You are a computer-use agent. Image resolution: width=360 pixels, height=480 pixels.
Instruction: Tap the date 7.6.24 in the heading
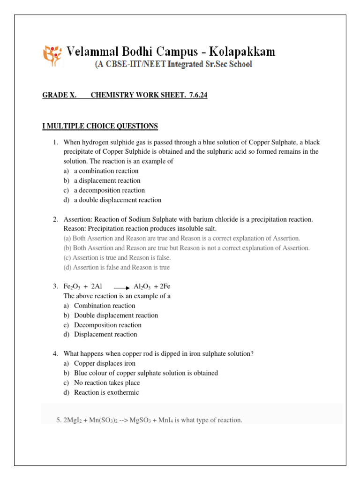point(199,95)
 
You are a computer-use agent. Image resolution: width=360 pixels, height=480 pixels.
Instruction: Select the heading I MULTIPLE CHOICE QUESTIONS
point(100,126)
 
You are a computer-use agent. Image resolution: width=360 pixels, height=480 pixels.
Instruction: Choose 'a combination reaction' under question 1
point(106,171)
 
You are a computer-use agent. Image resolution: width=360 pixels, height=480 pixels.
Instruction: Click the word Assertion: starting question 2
point(77,219)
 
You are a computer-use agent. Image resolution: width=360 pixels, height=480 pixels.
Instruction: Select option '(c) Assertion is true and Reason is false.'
point(117,258)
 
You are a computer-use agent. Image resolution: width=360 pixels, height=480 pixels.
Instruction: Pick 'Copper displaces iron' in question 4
point(105,363)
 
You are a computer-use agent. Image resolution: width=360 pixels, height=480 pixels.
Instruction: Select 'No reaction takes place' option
point(107,383)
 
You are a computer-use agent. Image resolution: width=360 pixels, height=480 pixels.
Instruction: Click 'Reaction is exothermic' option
point(106,392)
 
